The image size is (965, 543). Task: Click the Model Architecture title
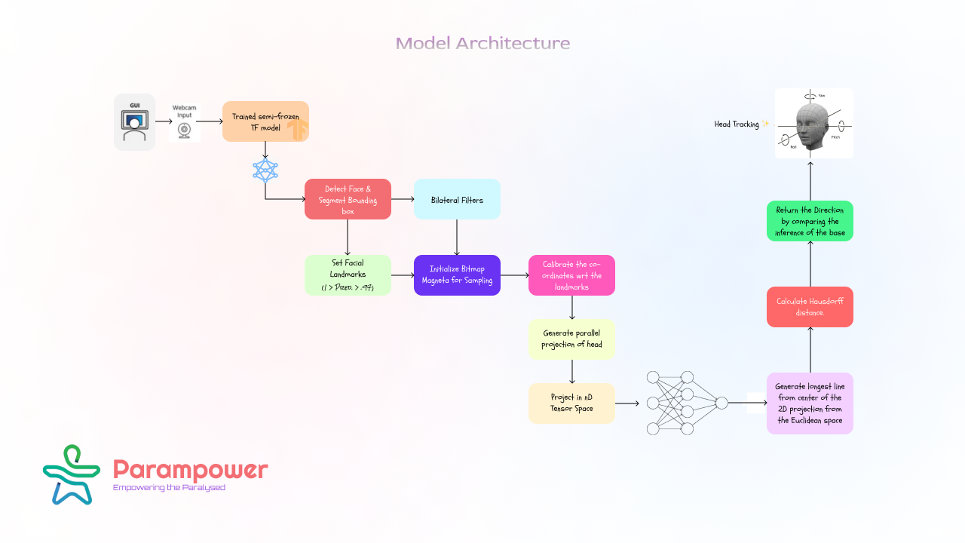click(482, 43)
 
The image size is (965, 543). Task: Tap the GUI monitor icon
click(135, 122)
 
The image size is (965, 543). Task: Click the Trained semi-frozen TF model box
click(265, 121)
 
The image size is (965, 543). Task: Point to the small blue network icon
click(265, 170)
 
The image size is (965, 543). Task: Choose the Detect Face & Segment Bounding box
click(348, 199)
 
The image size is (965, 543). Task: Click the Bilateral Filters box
click(457, 199)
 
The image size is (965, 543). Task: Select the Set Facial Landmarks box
click(348, 275)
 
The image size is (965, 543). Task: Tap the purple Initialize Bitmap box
click(457, 275)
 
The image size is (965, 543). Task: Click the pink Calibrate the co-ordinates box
click(571, 275)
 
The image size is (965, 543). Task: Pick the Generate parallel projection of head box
click(571, 339)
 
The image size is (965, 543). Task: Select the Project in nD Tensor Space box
click(571, 403)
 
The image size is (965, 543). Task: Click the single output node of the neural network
click(721, 403)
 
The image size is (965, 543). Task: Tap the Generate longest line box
click(810, 403)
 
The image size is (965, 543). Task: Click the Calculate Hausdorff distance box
click(810, 307)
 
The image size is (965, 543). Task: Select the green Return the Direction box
click(810, 221)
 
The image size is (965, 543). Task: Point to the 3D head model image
click(814, 124)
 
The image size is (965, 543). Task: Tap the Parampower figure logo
click(72, 474)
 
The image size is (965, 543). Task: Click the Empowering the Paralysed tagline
click(169, 488)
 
